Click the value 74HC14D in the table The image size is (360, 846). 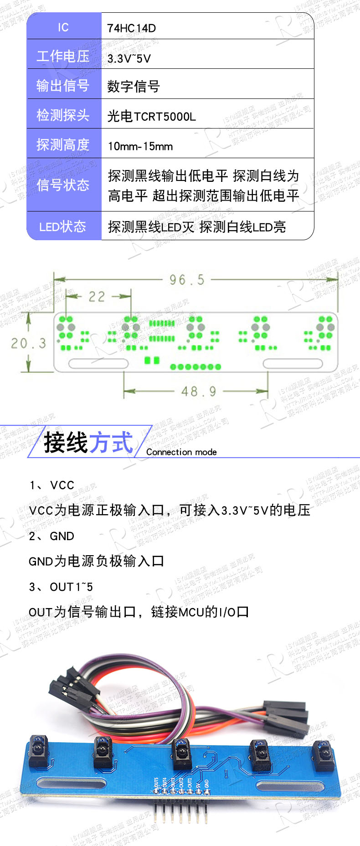click(131, 28)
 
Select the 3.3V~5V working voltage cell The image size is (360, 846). click(129, 58)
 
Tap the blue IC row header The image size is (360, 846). click(63, 27)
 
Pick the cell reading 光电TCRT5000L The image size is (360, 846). click(151, 117)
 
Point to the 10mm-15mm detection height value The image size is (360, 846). click(140, 146)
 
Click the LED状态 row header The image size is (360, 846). click(63, 227)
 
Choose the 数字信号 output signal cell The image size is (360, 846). click(134, 87)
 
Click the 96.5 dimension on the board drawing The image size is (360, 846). click(187, 280)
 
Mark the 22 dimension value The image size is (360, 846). click(97, 297)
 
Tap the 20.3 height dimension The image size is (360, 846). click(29, 343)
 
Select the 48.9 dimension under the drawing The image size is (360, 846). click(199, 391)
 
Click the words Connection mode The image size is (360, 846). click(181, 452)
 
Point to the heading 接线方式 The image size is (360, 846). click(88, 442)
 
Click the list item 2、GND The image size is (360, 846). click(51, 536)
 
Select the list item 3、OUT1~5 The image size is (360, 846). click(61, 587)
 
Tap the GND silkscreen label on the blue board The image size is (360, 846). click(206, 783)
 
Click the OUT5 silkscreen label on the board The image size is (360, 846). click(156, 783)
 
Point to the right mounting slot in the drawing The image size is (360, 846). click(293, 363)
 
